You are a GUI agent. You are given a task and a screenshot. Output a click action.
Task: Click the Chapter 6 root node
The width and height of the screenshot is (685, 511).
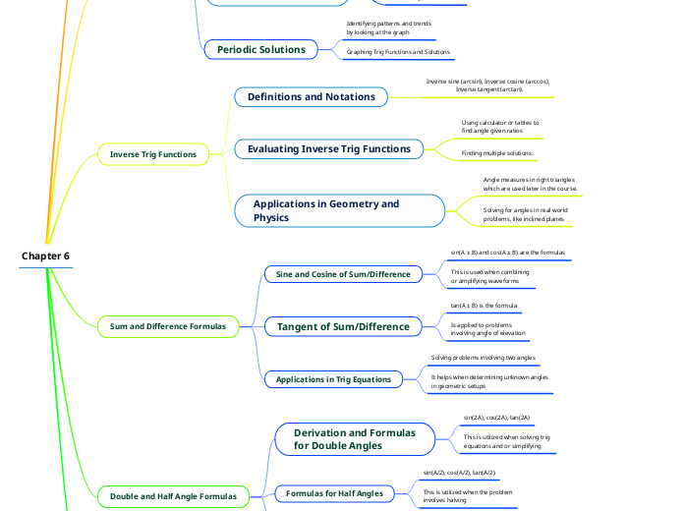click(x=45, y=256)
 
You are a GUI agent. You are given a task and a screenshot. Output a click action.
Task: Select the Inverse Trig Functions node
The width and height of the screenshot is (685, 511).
click(x=152, y=154)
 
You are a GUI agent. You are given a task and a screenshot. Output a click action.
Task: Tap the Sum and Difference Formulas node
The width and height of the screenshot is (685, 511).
click(x=168, y=326)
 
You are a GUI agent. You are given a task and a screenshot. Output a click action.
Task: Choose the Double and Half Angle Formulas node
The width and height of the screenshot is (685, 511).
click(x=173, y=496)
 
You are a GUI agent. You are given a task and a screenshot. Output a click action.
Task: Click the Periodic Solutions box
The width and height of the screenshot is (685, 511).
click(x=261, y=49)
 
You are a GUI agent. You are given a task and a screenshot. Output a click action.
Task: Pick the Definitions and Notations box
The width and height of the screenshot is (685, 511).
click(x=311, y=96)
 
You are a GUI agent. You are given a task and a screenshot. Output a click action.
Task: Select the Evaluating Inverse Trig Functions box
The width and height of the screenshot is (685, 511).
click(x=329, y=148)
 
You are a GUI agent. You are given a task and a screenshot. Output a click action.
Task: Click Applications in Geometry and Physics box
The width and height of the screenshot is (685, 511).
click(x=339, y=210)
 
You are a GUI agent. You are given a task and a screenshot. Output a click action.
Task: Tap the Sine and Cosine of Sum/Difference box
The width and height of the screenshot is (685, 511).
click(x=343, y=273)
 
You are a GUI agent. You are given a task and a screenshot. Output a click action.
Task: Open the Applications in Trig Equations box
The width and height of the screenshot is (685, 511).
click(x=333, y=378)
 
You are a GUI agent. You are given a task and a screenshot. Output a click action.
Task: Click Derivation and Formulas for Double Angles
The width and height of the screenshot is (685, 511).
click(x=354, y=439)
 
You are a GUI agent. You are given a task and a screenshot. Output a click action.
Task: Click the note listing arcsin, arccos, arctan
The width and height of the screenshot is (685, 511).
click(x=487, y=85)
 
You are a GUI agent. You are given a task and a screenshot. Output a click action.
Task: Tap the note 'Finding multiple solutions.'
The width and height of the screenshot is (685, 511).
click(x=497, y=153)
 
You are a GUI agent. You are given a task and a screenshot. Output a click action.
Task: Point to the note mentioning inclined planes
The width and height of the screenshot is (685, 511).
click(x=525, y=214)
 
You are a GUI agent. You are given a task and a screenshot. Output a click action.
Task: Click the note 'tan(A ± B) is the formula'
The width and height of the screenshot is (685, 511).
click(x=484, y=306)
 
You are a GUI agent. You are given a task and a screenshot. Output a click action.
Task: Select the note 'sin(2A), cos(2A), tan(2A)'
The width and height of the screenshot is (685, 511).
click(x=496, y=418)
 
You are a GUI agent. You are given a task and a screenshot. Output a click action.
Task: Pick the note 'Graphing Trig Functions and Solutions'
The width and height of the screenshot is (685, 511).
click(x=398, y=51)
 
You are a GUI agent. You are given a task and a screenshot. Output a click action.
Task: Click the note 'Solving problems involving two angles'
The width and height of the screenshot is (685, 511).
click(x=483, y=358)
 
